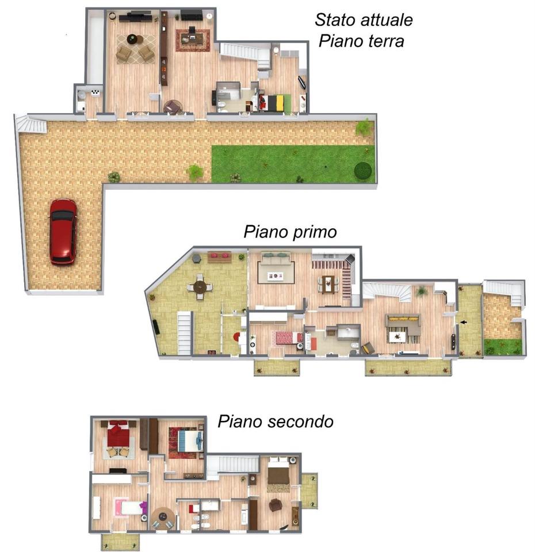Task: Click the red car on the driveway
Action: point(63,231)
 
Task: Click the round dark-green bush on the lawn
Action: point(362,170)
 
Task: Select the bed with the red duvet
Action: point(119,434)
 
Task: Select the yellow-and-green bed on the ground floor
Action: point(274,103)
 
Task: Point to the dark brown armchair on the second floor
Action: point(275,505)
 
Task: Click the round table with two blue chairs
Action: point(163,517)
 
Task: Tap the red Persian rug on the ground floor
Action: point(193,40)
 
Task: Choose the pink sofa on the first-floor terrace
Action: point(219,255)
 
